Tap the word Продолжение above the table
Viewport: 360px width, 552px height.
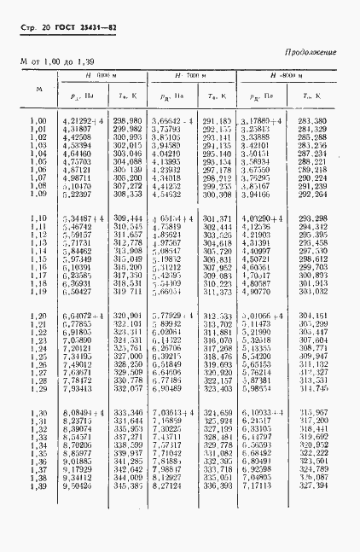pos(311,53)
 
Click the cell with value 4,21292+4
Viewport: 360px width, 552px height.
pos(82,121)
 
